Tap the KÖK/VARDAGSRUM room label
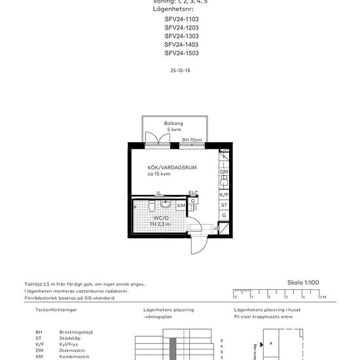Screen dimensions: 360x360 pyautogui.click(x=172, y=168)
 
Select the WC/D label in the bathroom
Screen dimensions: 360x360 pyautogui.click(x=162, y=218)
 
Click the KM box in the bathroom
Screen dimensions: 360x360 pyautogui.click(x=181, y=206)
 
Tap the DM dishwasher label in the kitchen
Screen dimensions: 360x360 pyautogui.click(x=224, y=172)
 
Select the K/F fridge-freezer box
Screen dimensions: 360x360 pyautogui.click(x=224, y=194)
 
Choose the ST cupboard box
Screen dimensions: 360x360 pyautogui.click(x=224, y=205)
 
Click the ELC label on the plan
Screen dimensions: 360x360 pyautogui.click(x=192, y=193)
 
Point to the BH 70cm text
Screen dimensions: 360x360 pyautogui.click(x=192, y=140)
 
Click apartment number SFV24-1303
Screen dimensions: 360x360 pyautogui.click(x=181, y=36)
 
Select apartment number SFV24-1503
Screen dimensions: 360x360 pyautogui.click(x=181, y=53)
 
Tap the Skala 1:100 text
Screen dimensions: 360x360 pyautogui.click(x=302, y=283)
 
